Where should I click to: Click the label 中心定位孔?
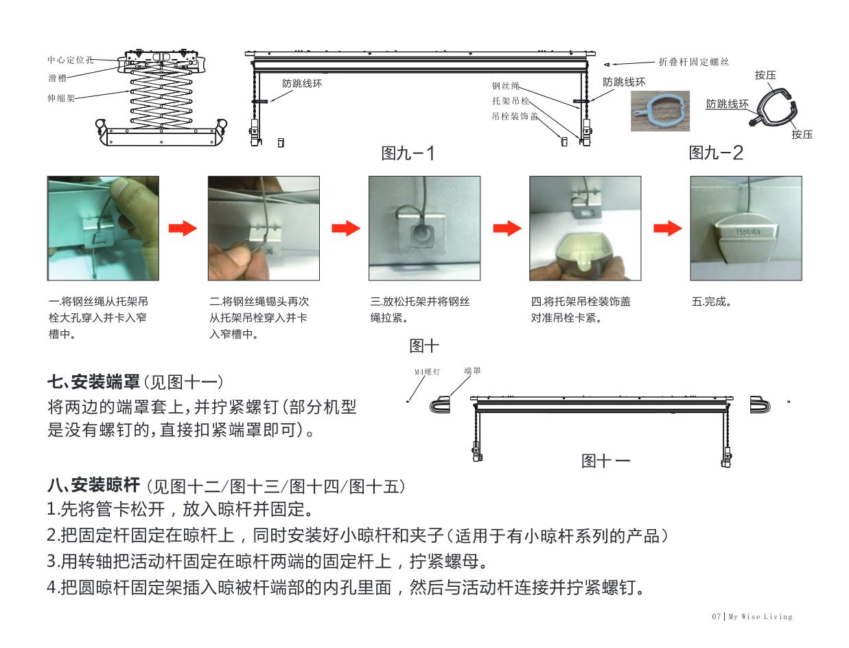(66, 60)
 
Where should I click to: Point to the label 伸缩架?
(60, 98)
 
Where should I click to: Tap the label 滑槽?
(56, 78)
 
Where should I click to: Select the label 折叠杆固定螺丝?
(693, 62)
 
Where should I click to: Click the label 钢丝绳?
(506, 87)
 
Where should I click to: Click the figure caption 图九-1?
(408, 153)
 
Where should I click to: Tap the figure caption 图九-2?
(716, 153)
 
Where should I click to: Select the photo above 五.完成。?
(745, 227)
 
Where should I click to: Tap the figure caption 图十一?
(606, 461)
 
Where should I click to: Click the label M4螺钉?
(426, 371)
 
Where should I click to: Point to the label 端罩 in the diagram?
(472, 370)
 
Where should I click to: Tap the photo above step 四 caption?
(585, 227)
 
